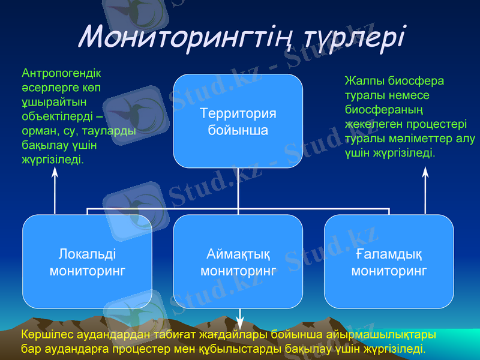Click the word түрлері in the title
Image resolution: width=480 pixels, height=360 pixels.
[x=355, y=37]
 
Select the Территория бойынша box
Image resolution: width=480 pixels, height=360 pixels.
[x=238, y=121]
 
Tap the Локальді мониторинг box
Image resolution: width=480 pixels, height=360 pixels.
[x=88, y=262]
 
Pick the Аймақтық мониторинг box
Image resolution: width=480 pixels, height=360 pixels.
[x=238, y=262]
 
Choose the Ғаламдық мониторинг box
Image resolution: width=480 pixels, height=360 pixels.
[x=389, y=262]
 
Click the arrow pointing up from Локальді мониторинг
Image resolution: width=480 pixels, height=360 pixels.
[x=55, y=191]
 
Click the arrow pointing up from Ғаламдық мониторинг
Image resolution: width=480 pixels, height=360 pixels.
[x=425, y=191]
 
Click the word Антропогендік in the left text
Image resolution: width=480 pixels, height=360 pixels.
[x=61, y=74]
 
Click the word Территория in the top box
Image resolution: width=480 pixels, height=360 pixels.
[x=238, y=114]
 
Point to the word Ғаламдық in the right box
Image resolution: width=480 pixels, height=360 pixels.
[x=389, y=254]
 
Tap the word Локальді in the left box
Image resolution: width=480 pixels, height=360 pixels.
[x=88, y=254]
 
